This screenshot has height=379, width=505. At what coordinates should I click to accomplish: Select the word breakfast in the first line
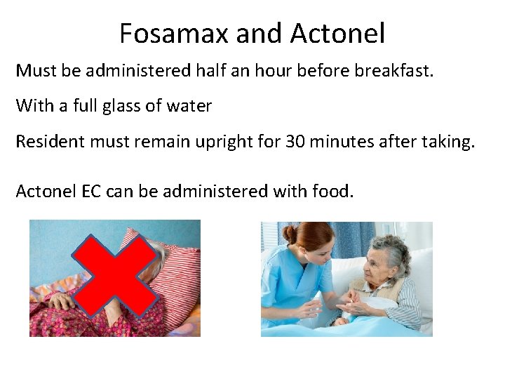click(x=398, y=71)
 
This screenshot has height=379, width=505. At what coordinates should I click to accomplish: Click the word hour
click(x=297, y=71)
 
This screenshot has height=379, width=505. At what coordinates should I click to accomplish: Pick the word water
click(x=189, y=107)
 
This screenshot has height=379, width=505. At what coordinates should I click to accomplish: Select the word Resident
click(x=47, y=142)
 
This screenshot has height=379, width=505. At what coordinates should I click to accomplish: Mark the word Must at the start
click(x=34, y=71)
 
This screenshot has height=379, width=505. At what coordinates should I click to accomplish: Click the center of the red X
click(x=115, y=277)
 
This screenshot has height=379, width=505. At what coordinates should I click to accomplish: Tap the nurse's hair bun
click(x=290, y=234)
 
